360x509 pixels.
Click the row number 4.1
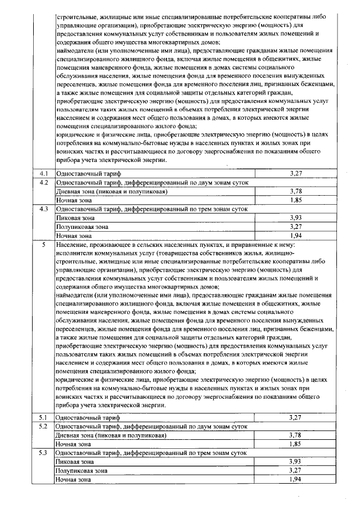click(44, 173)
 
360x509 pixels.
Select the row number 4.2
click(44, 182)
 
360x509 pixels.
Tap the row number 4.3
click(44, 209)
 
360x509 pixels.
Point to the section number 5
click(43, 246)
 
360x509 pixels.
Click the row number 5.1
click(44, 417)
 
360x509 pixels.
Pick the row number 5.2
click(44, 426)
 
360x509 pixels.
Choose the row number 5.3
click(44, 453)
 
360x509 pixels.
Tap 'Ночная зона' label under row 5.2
click(73, 444)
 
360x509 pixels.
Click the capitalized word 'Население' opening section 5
click(71, 246)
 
